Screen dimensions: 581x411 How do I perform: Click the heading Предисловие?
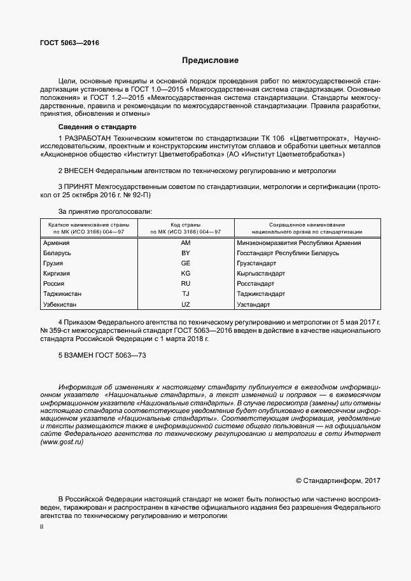coord(210,61)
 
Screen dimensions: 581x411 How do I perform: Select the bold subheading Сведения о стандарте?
coord(93,127)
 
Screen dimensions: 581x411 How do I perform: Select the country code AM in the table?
coord(186,243)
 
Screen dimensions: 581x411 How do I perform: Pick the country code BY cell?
coord(186,253)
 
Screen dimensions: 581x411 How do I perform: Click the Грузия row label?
coord(53,263)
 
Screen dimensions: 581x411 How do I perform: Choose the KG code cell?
coord(186,274)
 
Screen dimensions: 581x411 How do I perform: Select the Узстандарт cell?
coord(253,305)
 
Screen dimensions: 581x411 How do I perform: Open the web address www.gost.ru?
coord(62,442)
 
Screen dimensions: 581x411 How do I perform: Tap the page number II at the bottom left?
coord(42,528)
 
